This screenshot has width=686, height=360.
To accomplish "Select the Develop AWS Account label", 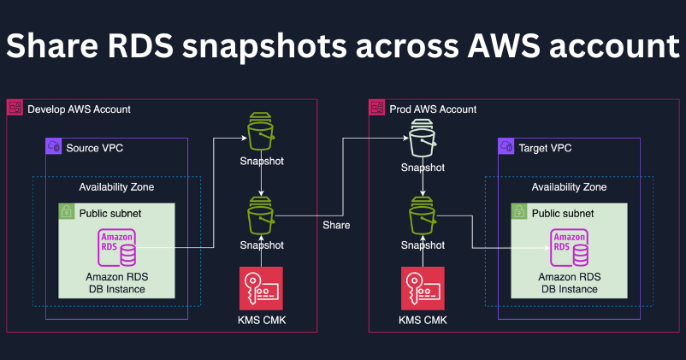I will coord(79,109).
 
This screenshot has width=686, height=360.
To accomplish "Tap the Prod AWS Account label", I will coord(432,109).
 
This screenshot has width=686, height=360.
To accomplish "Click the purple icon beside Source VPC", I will coord(54,147).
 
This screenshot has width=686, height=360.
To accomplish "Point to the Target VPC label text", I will coord(545,148).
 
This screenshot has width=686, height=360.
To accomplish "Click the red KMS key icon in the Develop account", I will coord(261,290).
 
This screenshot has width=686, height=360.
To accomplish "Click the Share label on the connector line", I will coord(336,225).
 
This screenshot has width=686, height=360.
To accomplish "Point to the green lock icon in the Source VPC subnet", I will coord(67,211).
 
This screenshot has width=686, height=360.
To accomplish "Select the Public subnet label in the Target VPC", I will coord(562,212).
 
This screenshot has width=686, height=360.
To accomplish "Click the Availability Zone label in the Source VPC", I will coord(116,187).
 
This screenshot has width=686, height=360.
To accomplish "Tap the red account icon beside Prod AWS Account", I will coord(376,109).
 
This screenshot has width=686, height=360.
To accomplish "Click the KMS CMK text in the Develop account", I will coord(261,322).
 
